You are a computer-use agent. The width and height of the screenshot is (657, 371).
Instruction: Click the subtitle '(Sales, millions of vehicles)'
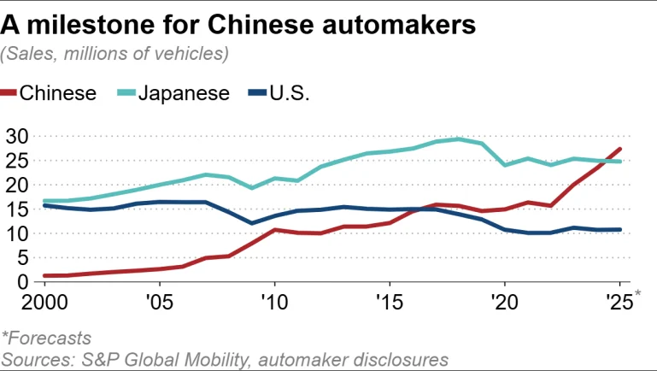115,54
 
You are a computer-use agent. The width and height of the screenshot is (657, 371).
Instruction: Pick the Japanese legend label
185,93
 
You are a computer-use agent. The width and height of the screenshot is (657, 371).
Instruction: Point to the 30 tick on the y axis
16,136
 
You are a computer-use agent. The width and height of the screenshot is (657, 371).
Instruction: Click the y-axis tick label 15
16,209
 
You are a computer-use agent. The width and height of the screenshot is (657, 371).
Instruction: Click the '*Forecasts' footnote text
46,339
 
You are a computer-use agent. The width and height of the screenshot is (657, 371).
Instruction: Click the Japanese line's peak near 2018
459,138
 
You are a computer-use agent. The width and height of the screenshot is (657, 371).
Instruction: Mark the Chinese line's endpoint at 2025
619,149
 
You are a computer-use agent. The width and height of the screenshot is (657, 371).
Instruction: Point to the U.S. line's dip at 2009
252,223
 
